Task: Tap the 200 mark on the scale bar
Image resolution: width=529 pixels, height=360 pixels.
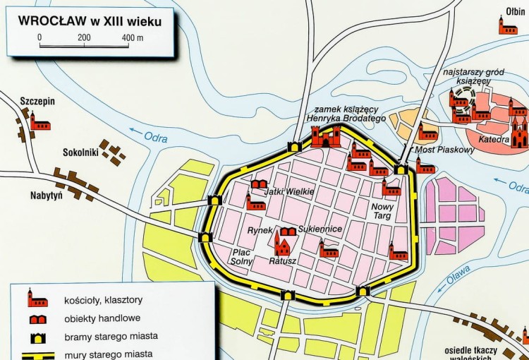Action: coord(84,37)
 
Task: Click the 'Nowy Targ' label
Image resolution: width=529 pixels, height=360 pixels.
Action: coord(382,210)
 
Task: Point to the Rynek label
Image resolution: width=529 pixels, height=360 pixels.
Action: coord(260,231)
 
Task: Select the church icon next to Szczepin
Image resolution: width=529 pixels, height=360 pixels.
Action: coord(39,124)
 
